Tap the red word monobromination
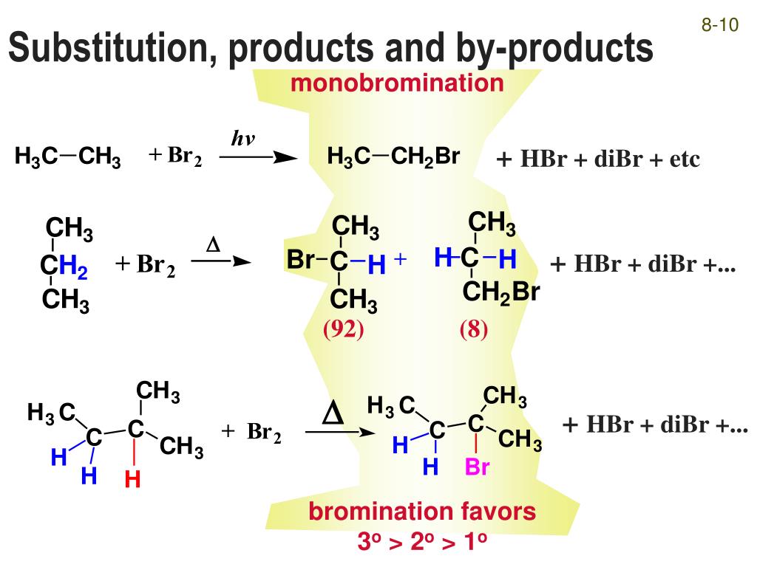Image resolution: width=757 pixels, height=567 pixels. point(397,83)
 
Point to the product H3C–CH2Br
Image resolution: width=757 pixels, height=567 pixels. point(394,157)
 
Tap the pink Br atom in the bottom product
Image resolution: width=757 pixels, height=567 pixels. point(477,467)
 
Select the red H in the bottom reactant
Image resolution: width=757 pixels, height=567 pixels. point(133,480)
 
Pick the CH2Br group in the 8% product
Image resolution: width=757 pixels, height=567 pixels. point(501,293)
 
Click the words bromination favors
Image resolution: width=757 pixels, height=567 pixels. point(422,512)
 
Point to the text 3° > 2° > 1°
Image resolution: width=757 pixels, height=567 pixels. point(422,543)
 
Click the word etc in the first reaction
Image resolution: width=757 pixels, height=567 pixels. point(685,159)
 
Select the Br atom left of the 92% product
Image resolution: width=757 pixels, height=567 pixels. point(300,261)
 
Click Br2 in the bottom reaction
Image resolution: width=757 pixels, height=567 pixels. point(264,433)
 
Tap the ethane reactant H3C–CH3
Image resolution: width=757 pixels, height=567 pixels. point(67,157)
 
